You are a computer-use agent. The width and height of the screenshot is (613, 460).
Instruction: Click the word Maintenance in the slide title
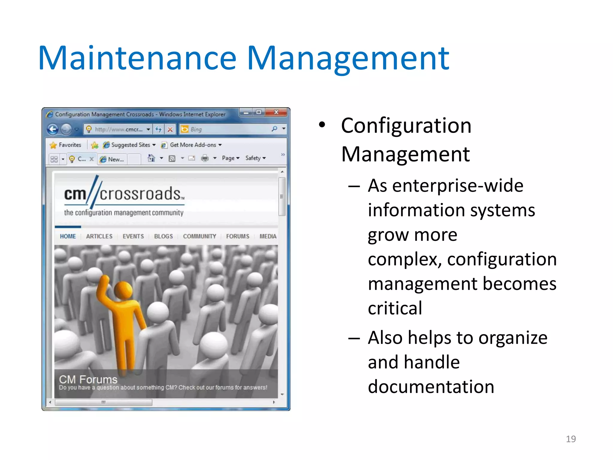pyautogui.click(x=137, y=58)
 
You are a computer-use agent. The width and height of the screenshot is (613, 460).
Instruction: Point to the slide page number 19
pyautogui.click(x=570, y=439)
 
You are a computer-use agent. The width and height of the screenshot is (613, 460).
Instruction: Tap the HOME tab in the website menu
pyautogui.click(x=68, y=236)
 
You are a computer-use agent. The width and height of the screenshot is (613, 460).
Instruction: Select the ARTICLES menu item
pyautogui.click(x=99, y=236)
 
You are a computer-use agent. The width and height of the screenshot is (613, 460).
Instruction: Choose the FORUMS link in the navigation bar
pyautogui.click(x=237, y=236)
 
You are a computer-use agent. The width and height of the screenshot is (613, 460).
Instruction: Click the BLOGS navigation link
pyautogui.click(x=163, y=236)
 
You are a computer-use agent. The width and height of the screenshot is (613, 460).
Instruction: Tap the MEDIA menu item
pyautogui.click(x=268, y=236)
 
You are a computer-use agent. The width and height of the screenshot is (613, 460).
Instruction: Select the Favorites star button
pyautogui.click(x=66, y=145)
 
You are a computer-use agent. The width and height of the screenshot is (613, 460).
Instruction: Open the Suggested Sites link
pyautogui.click(x=130, y=145)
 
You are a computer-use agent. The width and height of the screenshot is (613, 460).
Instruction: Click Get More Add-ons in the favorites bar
pyautogui.click(x=193, y=145)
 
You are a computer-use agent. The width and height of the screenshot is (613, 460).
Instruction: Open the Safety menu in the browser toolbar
pyautogui.click(x=255, y=158)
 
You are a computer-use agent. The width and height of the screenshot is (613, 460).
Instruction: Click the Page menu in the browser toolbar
pyautogui.click(x=230, y=158)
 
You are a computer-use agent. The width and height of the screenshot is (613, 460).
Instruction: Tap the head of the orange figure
pyautogui.click(x=123, y=289)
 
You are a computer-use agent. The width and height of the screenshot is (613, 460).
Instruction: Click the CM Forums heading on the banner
pyautogui.click(x=88, y=379)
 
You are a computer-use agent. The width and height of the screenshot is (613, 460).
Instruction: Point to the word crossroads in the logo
pyautogui.click(x=140, y=194)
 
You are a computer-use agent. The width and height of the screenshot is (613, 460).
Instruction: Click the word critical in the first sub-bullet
pyautogui.click(x=395, y=308)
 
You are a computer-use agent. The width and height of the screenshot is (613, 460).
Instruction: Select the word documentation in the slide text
pyautogui.click(x=431, y=387)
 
